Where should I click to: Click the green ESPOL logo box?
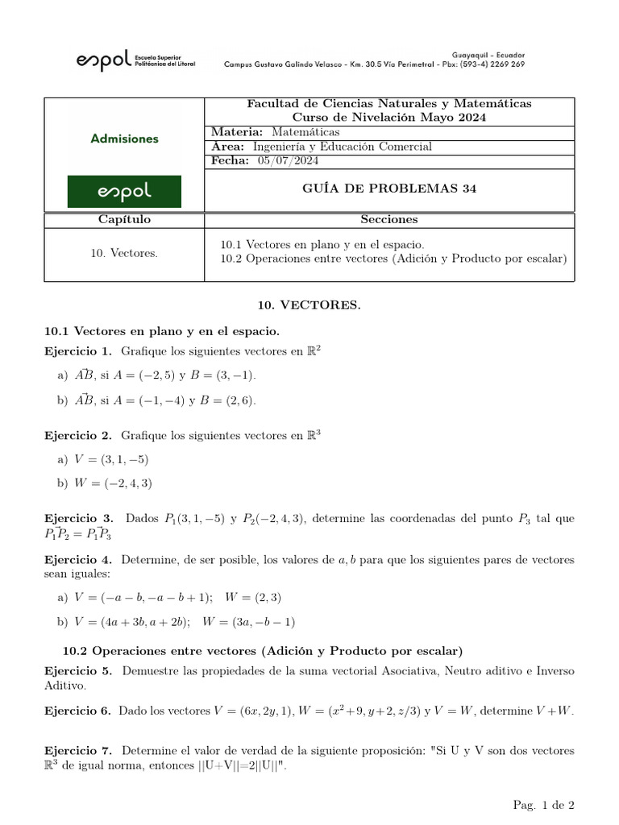124,192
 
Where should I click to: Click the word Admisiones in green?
124,139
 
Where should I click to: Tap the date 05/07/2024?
288,161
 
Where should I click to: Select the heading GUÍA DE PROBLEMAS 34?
389,189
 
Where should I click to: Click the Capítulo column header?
124,219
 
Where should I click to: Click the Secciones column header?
389,219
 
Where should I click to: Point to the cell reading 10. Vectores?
124,253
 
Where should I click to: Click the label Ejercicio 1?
78,351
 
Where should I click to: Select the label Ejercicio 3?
78,519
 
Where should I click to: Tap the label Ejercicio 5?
78,670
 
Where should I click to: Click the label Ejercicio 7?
78,750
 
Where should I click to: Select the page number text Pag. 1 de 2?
543,805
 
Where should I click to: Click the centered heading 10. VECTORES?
309,306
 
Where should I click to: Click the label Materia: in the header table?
236,132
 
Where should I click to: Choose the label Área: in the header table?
228,147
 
